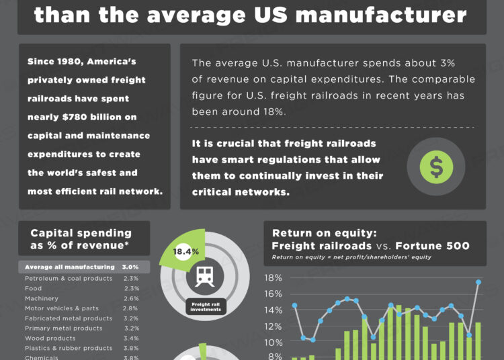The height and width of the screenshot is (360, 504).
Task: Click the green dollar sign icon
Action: coord(436,167)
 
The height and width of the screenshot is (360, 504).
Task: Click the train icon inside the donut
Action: coord(205,277)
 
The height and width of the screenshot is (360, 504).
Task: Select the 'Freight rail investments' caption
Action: coord(205,308)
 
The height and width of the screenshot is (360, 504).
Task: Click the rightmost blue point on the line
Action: coord(478,282)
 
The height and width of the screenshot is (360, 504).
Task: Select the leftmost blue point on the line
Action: coord(294,306)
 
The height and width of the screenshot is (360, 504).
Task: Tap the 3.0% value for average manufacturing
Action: coord(130,267)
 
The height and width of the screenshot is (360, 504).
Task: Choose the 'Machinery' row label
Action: coord(42,298)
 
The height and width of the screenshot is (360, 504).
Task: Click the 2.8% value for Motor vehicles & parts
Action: coord(131,308)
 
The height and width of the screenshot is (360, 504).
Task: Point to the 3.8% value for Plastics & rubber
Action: coord(131,349)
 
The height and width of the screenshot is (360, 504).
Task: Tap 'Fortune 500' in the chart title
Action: coord(432,246)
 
